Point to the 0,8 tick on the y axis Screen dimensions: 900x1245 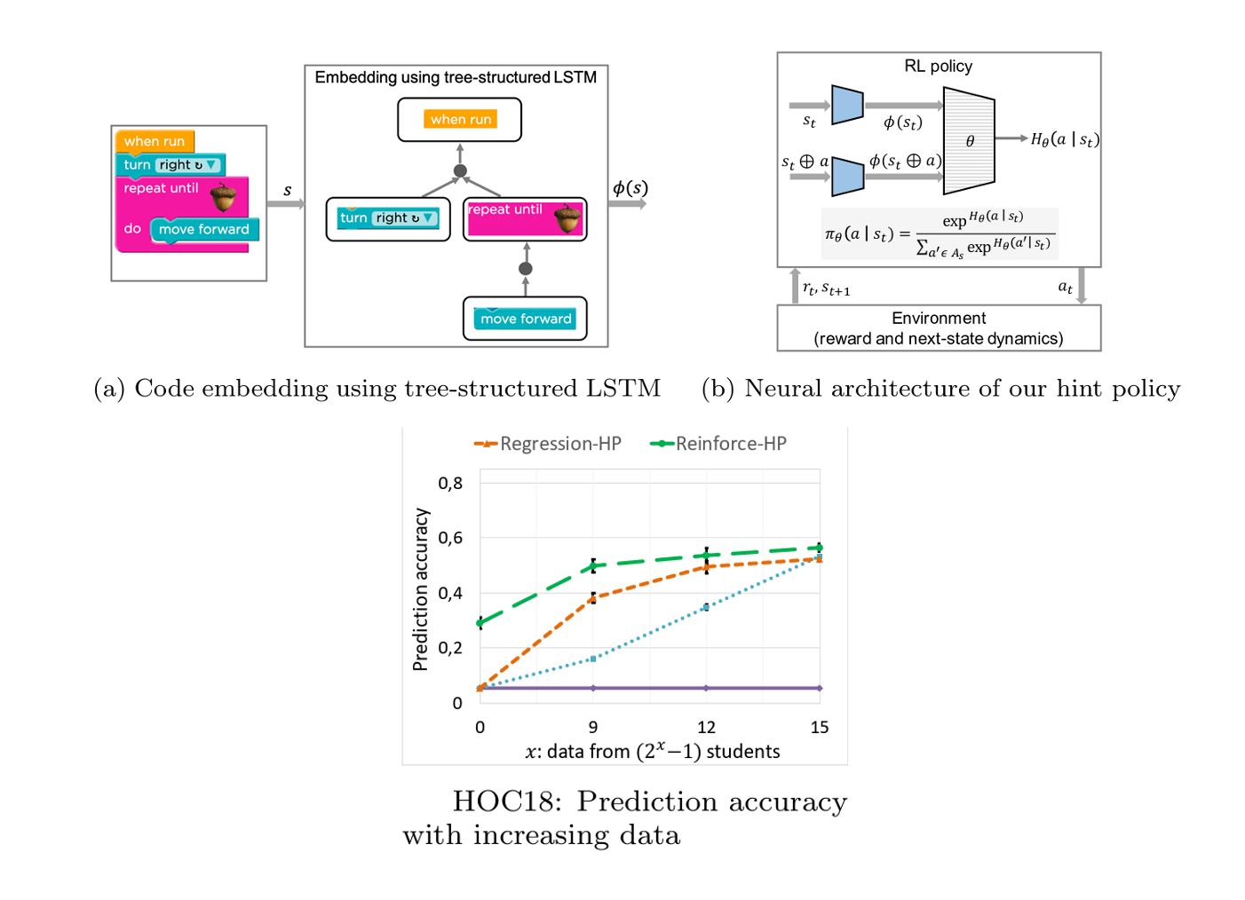tap(450, 483)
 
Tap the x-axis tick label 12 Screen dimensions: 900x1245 tap(706, 728)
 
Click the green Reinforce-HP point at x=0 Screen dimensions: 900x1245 tap(480, 623)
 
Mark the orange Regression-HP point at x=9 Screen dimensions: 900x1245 tap(593, 598)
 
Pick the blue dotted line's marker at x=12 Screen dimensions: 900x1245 tap(706, 607)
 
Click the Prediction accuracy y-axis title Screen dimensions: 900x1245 tap(420, 589)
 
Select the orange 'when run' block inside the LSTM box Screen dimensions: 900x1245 tap(460, 119)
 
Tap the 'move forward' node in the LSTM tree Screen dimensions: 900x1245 tap(526, 319)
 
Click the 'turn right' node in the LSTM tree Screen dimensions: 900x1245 tap(388, 218)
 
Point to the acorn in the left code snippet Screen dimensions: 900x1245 tap(223, 197)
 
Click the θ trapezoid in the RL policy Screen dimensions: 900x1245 tap(969, 140)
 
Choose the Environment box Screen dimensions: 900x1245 tap(939, 328)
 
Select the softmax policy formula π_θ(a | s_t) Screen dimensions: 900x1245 tap(940, 234)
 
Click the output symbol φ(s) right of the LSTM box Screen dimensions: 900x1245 tap(630, 188)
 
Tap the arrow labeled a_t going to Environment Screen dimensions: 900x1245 tap(1082, 287)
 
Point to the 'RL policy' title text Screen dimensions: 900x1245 tap(938, 67)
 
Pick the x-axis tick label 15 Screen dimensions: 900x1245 tap(819, 728)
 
